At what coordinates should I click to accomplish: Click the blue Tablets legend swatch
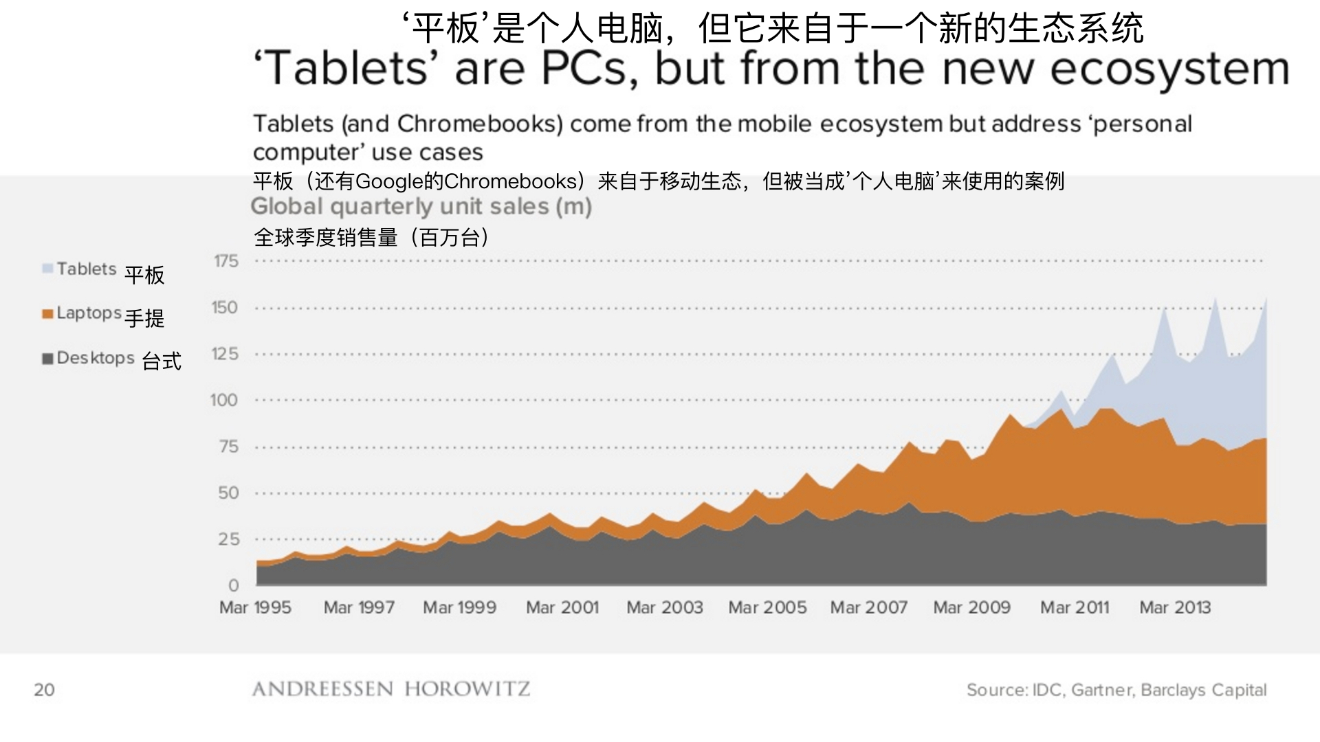point(47,269)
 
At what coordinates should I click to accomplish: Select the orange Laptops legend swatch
point(47,314)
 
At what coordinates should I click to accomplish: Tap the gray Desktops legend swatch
point(47,359)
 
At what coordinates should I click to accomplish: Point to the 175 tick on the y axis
point(225,261)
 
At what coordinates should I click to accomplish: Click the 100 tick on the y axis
point(224,400)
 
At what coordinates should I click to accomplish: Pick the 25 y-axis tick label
point(228,539)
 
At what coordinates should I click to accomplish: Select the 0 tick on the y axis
point(234,585)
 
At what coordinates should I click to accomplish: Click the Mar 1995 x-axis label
point(255,607)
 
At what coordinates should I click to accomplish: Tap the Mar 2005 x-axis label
point(767,607)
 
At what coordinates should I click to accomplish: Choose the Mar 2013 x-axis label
point(1175,607)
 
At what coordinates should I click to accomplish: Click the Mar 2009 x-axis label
point(971,607)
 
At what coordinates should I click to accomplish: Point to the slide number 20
point(44,690)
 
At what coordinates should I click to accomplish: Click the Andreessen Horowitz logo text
point(391,689)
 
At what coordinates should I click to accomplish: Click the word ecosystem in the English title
point(1169,69)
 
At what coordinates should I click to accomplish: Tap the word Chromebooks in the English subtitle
point(480,124)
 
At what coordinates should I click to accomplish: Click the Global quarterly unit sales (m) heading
point(421,206)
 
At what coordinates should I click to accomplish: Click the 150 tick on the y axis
point(224,307)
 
